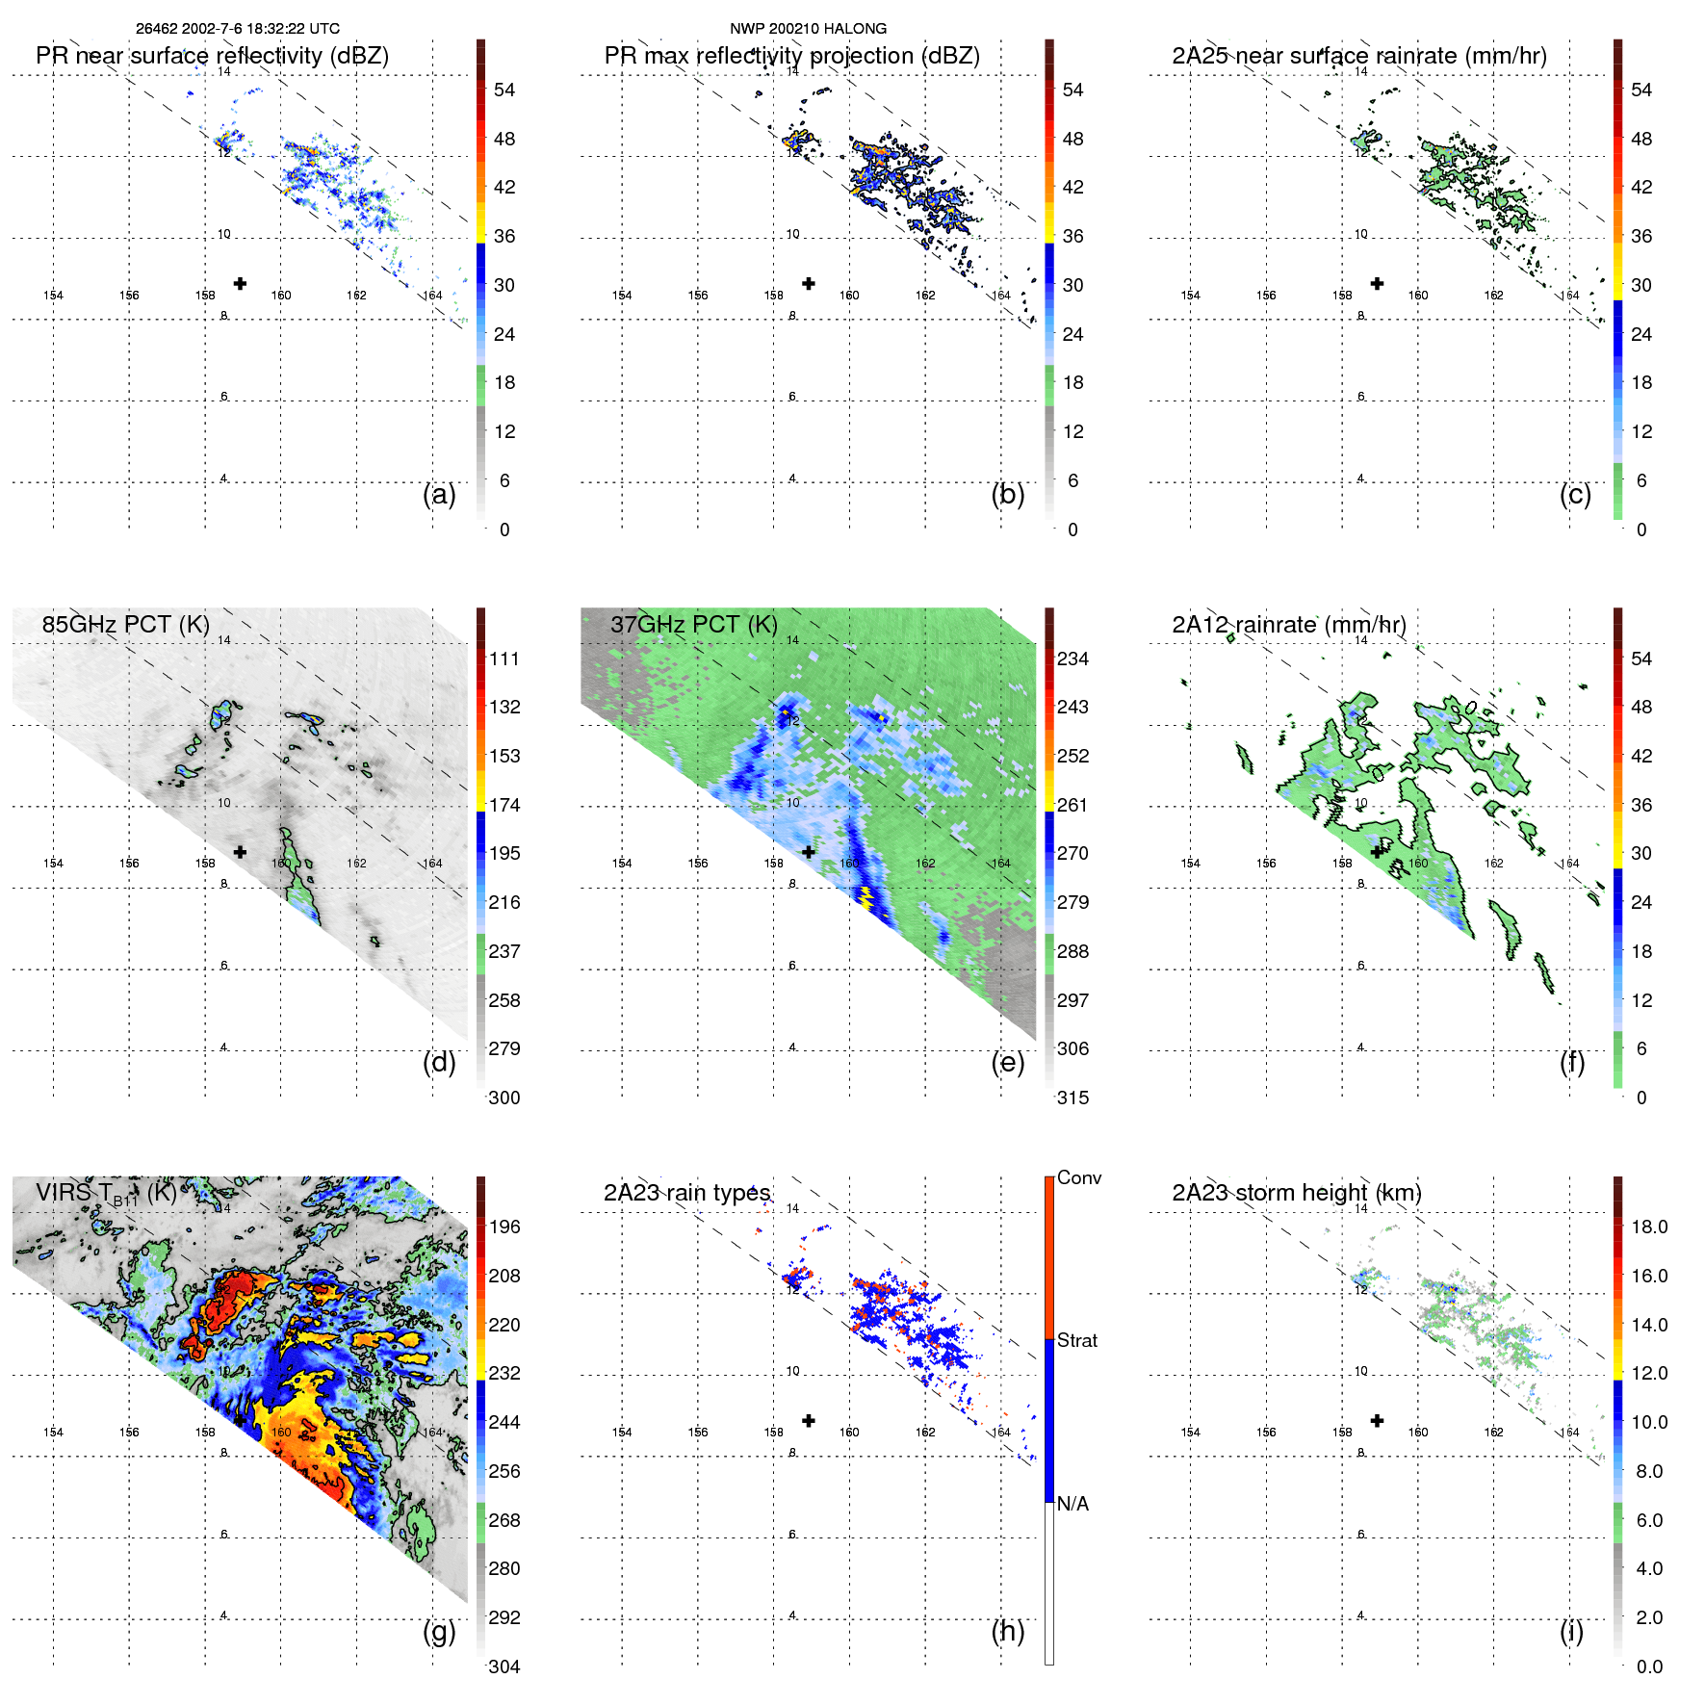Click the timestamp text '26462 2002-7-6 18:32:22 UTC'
click(237, 29)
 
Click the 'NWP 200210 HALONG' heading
click(808, 29)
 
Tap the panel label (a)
click(439, 494)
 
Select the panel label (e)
click(1007, 1062)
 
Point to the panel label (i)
click(1571, 1631)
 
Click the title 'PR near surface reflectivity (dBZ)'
click(212, 56)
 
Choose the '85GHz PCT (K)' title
click(125, 624)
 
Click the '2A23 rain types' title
click(686, 1193)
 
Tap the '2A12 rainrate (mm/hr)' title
click(1289, 624)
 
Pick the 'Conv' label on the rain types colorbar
click(1079, 1177)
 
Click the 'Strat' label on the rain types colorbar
click(1077, 1340)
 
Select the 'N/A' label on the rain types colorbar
click(1072, 1504)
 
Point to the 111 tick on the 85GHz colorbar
click(504, 659)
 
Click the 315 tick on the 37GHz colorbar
click(1072, 1098)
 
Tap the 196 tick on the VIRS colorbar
click(504, 1227)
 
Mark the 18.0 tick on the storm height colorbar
click(1649, 1227)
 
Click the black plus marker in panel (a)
click(240, 283)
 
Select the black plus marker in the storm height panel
click(1378, 1420)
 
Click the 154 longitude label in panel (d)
click(53, 864)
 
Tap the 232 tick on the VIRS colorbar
click(504, 1373)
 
